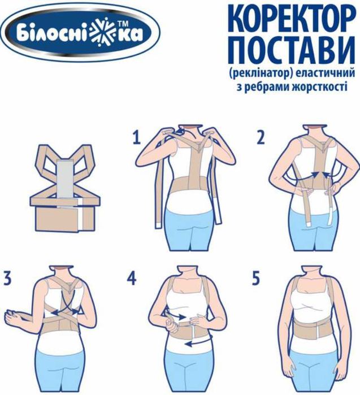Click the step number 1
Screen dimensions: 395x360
click(x=136, y=137)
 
